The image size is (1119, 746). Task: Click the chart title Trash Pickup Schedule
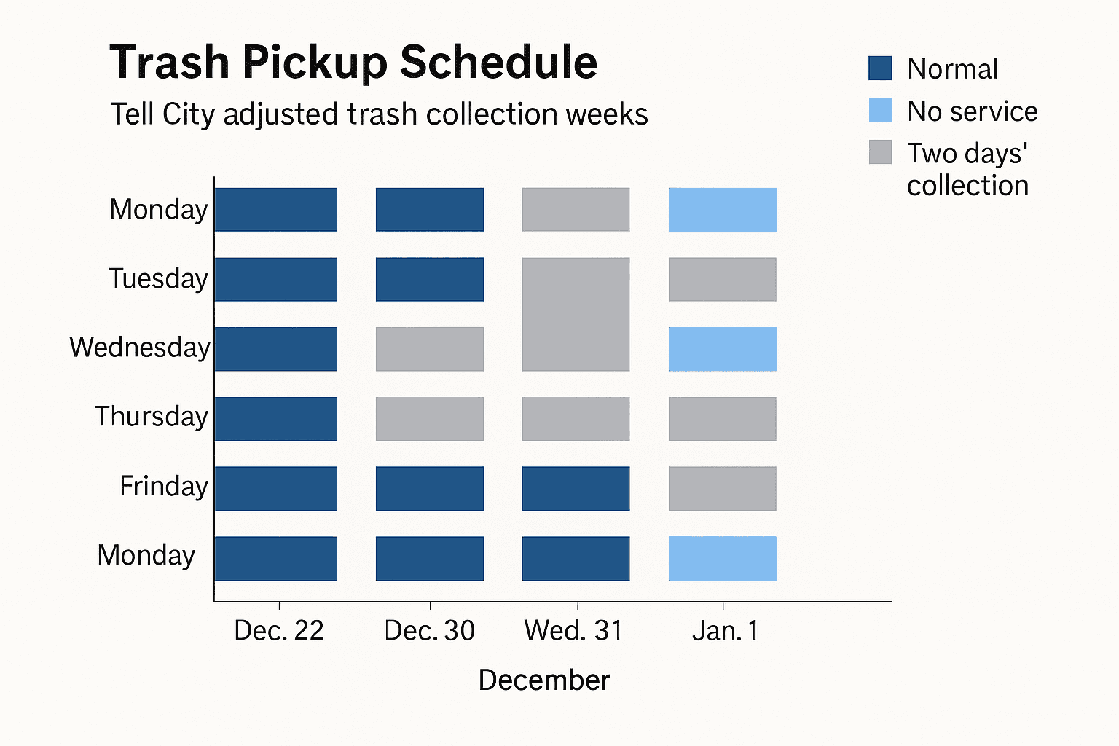pyautogui.click(x=353, y=63)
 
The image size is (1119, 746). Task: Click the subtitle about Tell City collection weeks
pyautogui.click(x=379, y=115)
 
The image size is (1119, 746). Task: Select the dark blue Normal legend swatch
pyautogui.click(x=880, y=68)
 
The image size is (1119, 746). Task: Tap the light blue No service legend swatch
pyautogui.click(x=880, y=110)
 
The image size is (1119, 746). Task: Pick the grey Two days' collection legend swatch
pyautogui.click(x=880, y=152)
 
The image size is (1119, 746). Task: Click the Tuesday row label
pyautogui.click(x=158, y=279)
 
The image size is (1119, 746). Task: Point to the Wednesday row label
pyautogui.click(x=140, y=348)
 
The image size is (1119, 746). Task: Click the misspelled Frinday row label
pyautogui.click(x=164, y=486)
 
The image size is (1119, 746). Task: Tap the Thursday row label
pyautogui.click(x=152, y=417)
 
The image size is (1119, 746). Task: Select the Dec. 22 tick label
pyautogui.click(x=279, y=631)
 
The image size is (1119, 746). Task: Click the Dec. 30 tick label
pyautogui.click(x=429, y=631)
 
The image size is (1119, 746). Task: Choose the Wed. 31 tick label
pyautogui.click(x=574, y=631)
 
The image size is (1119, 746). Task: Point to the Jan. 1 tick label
pyautogui.click(x=725, y=631)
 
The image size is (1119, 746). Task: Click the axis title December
pyautogui.click(x=544, y=680)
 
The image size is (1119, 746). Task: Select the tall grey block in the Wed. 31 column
pyautogui.click(x=576, y=314)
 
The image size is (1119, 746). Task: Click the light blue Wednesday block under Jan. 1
pyautogui.click(x=722, y=349)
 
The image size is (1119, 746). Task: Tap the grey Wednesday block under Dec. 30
pyautogui.click(x=429, y=349)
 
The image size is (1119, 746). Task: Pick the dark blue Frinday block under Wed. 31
pyautogui.click(x=576, y=488)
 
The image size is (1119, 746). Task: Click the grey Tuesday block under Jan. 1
pyautogui.click(x=722, y=279)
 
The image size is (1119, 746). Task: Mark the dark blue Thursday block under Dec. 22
pyautogui.click(x=275, y=419)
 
